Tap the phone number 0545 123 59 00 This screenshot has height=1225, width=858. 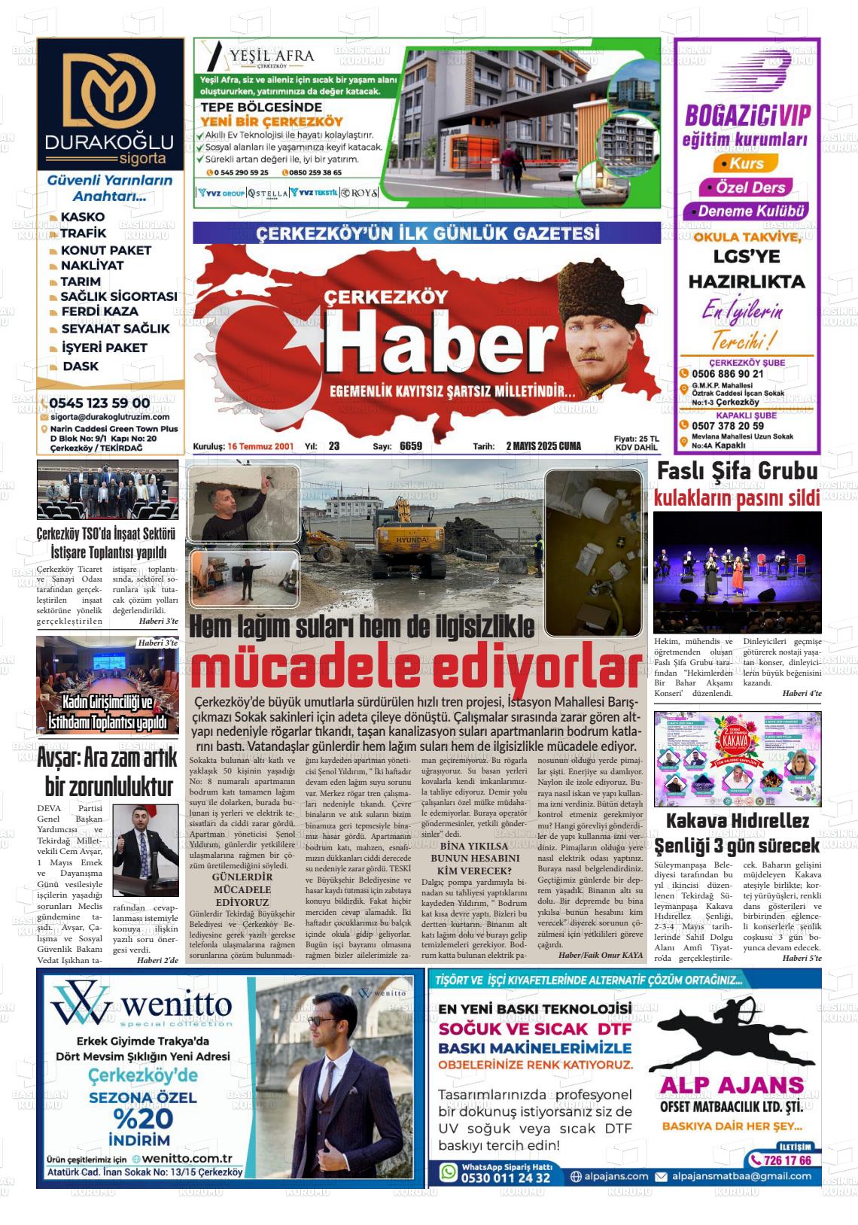tap(99, 403)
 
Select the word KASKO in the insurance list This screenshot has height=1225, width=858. tap(83, 217)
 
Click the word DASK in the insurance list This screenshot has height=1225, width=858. tap(81, 366)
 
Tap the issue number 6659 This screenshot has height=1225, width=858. tap(411, 446)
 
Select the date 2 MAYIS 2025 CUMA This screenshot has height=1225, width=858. tap(543, 446)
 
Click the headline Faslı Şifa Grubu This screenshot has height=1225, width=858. tap(737, 472)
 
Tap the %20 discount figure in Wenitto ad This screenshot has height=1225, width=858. tap(144, 1117)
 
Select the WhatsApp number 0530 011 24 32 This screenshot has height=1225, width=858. tap(506, 1177)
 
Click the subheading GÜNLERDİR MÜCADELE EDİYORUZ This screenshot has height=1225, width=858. tap(242, 889)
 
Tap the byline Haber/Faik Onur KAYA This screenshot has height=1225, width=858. tap(601, 954)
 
